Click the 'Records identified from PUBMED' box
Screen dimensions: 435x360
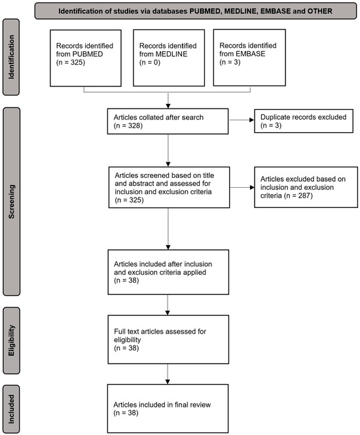[x=83, y=60]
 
